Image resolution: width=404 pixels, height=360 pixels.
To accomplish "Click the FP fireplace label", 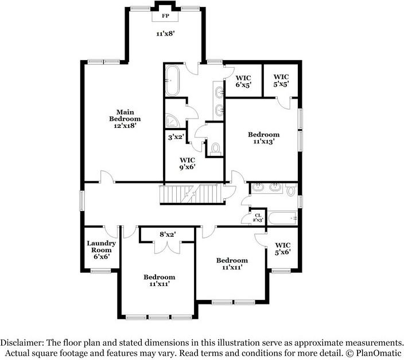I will tap(165, 15).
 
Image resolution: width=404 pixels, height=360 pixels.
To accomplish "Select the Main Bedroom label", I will tap(125, 118).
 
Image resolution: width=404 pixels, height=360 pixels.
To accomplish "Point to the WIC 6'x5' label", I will tap(244, 81).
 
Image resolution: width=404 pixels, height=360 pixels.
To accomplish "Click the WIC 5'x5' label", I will tap(281, 80).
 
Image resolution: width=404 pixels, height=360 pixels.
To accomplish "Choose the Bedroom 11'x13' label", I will tap(263, 138).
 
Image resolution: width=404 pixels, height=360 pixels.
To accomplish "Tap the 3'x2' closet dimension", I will tap(175, 138).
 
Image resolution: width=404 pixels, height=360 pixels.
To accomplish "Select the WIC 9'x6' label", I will tap(188, 163).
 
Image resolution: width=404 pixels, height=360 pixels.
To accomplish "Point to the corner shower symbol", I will tap(172, 119).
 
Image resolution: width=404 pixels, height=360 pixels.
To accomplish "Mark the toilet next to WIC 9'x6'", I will tap(216, 148).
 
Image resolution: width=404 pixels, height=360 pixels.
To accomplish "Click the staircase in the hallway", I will tap(189, 194).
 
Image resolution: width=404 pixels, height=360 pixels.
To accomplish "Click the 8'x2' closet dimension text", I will tap(168, 234).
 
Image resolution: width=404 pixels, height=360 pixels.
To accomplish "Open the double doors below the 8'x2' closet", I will tap(168, 246).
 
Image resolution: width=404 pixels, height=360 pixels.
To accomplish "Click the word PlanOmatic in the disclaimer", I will tap(378, 353).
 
